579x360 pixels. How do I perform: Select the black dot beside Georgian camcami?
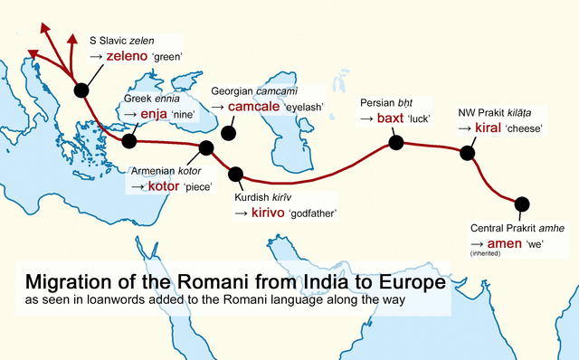pyautogui.click(x=229, y=133)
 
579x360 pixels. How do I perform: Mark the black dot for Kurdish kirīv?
pyautogui.click(x=237, y=174)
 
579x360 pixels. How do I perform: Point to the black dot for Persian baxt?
pyautogui.click(x=395, y=142)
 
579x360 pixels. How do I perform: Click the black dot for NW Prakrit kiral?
pyautogui.click(x=467, y=153)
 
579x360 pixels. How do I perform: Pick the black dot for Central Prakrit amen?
pyautogui.click(x=521, y=204)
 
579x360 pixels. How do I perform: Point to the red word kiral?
pyautogui.click(x=488, y=128)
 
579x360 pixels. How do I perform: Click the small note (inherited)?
pyautogui.click(x=485, y=254)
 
